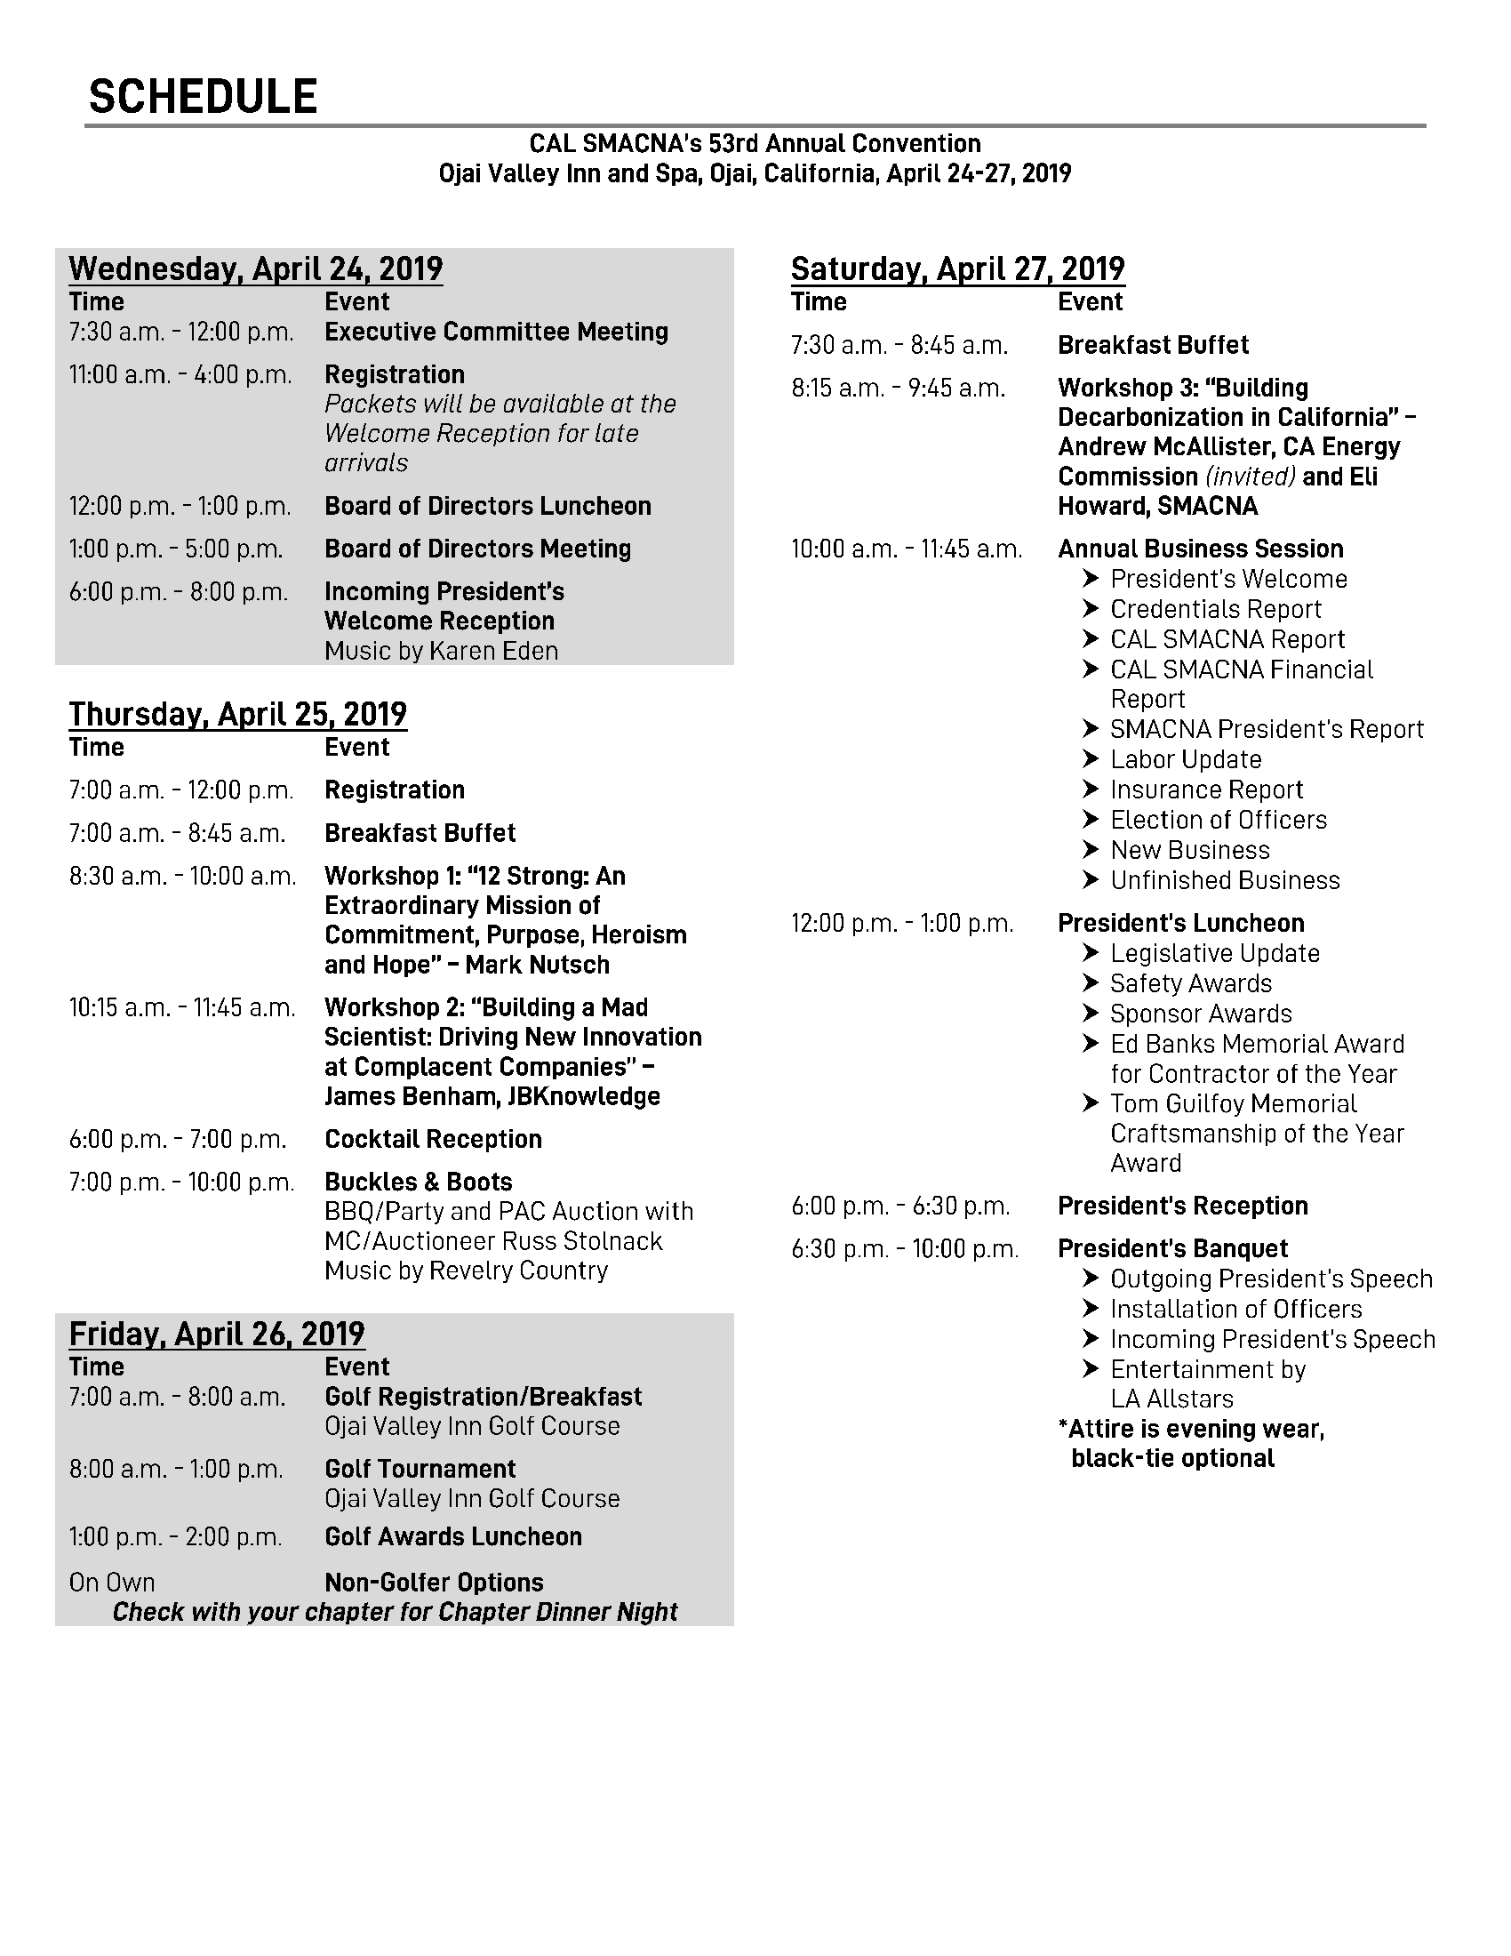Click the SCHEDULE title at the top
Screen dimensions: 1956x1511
click(204, 97)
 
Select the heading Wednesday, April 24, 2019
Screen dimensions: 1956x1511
click(256, 269)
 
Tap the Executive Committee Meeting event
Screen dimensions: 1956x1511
click(496, 333)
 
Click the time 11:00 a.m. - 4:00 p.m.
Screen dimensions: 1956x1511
click(180, 374)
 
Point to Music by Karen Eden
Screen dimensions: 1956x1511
click(442, 651)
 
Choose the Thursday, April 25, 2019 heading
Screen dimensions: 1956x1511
click(238, 714)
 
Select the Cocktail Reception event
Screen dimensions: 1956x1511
click(433, 1139)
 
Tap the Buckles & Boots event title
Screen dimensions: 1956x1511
click(418, 1182)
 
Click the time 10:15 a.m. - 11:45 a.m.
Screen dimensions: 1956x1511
click(182, 1008)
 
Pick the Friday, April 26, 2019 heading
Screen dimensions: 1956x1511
click(218, 1334)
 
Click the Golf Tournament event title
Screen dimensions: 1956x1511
click(420, 1469)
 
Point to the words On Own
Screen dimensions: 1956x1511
click(112, 1583)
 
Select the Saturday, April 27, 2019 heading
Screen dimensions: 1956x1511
click(958, 269)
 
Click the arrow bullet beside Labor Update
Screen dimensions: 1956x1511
click(1091, 759)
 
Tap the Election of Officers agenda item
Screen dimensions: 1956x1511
click(1219, 821)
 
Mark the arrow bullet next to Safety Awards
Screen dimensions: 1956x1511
click(1091, 983)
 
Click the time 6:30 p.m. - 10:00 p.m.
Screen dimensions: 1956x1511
click(905, 1249)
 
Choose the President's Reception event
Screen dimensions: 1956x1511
click(1182, 1206)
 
